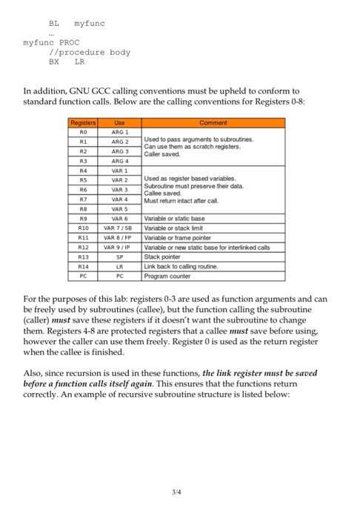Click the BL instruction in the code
pyautogui.click(x=53, y=23)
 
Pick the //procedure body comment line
pyautogui.click(x=89, y=53)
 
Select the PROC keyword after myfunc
pyautogui.click(x=68, y=42)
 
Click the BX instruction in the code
pyautogui.click(x=53, y=62)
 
